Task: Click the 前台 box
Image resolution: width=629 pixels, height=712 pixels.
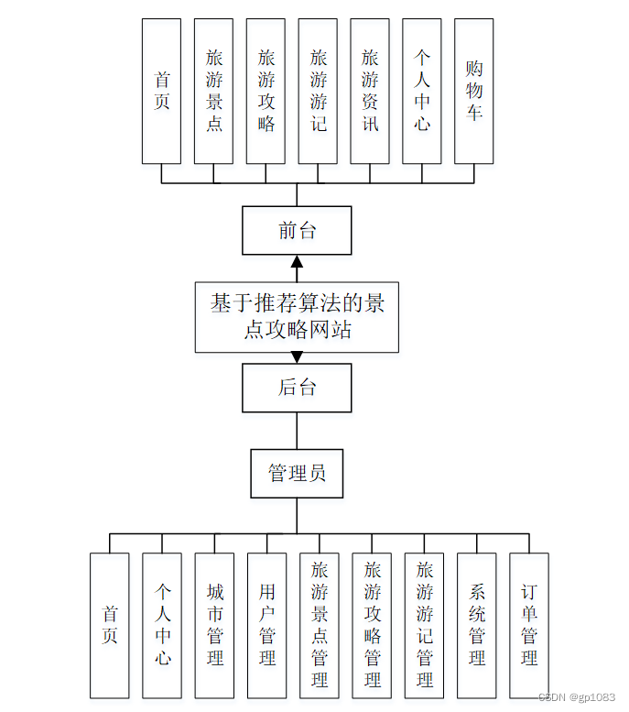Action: click(x=297, y=230)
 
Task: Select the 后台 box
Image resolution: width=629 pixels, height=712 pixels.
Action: click(x=297, y=388)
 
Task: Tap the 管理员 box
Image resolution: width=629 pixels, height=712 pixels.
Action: click(x=297, y=473)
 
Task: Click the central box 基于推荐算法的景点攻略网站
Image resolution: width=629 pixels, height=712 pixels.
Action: click(x=297, y=316)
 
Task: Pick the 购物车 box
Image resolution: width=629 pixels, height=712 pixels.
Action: click(x=473, y=91)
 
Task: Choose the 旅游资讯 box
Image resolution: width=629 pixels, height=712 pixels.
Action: click(x=370, y=91)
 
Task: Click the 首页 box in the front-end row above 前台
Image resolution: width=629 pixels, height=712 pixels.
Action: click(x=161, y=91)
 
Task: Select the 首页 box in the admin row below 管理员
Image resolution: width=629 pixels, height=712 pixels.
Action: click(x=109, y=626)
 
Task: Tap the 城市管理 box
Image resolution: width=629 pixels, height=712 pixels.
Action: click(x=214, y=626)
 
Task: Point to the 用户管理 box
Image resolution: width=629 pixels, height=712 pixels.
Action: click(x=266, y=626)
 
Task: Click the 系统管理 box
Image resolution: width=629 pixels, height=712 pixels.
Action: click(x=477, y=626)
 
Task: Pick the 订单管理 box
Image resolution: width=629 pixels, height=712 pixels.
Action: click(x=529, y=626)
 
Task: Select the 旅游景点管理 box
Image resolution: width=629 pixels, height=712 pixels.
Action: click(x=320, y=626)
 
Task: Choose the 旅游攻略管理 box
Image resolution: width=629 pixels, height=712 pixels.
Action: click(x=372, y=626)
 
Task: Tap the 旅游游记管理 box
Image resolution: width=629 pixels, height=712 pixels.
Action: click(x=424, y=626)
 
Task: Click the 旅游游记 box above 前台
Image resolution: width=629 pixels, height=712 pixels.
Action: click(x=318, y=91)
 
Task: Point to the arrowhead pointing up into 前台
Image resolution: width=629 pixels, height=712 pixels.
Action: click(x=297, y=262)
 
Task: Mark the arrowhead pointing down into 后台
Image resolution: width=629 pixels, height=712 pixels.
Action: click(x=297, y=357)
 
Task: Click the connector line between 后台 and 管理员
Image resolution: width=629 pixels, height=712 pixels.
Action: click(x=297, y=430)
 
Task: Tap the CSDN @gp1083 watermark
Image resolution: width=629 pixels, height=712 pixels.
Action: click(x=577, y=698)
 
